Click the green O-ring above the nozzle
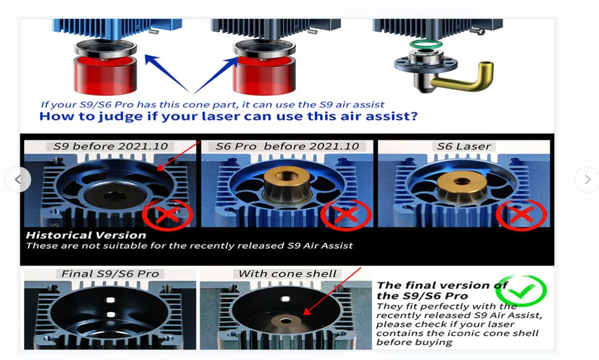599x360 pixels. click(425, 40)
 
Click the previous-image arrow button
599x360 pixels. click(18, 179)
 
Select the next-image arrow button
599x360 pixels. click(587, 179)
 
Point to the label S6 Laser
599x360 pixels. click(464, 146)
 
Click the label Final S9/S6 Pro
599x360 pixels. click(110, 273)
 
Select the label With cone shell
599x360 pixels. click(287, 273)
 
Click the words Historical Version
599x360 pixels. click(86, 235)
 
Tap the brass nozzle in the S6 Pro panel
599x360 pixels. click(287, 186)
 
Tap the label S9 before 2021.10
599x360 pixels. click(111, 146)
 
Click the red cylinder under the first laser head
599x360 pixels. click(105, 76)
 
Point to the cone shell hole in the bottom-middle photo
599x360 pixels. click(285, 321)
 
